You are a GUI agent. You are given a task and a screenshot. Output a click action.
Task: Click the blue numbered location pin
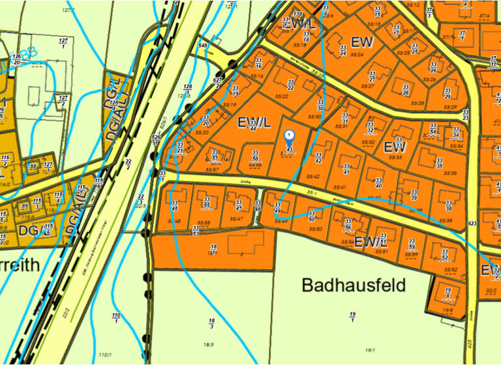(290, 136)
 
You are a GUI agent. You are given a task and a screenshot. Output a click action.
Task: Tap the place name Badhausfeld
(354, 285)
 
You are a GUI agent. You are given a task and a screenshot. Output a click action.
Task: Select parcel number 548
(203, 46)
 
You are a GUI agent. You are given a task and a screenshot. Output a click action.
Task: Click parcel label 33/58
(255, 156)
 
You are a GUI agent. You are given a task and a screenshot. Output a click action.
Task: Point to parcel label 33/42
(318, 157)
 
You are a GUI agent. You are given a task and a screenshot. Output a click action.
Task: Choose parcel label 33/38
(449, 205)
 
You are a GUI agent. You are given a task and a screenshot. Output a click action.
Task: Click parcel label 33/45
(174, 205)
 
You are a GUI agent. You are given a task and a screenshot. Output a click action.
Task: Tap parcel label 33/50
(311, 216)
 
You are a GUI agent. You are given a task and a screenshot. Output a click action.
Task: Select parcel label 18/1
(213, 248)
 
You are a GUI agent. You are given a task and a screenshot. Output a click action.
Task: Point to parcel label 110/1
(116, 317)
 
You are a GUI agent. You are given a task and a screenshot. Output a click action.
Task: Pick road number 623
(472, 224)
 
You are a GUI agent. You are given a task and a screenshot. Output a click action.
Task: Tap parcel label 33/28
(405, 89)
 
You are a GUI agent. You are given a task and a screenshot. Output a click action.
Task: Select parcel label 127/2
(63, 100)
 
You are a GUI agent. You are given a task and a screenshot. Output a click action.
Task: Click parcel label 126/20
(16, 60)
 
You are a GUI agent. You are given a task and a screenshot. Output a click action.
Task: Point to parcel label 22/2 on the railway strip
(128, 164)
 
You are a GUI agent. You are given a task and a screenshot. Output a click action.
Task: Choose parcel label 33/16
(258, 64)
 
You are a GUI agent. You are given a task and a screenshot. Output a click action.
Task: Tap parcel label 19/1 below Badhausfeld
(352, 317)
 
